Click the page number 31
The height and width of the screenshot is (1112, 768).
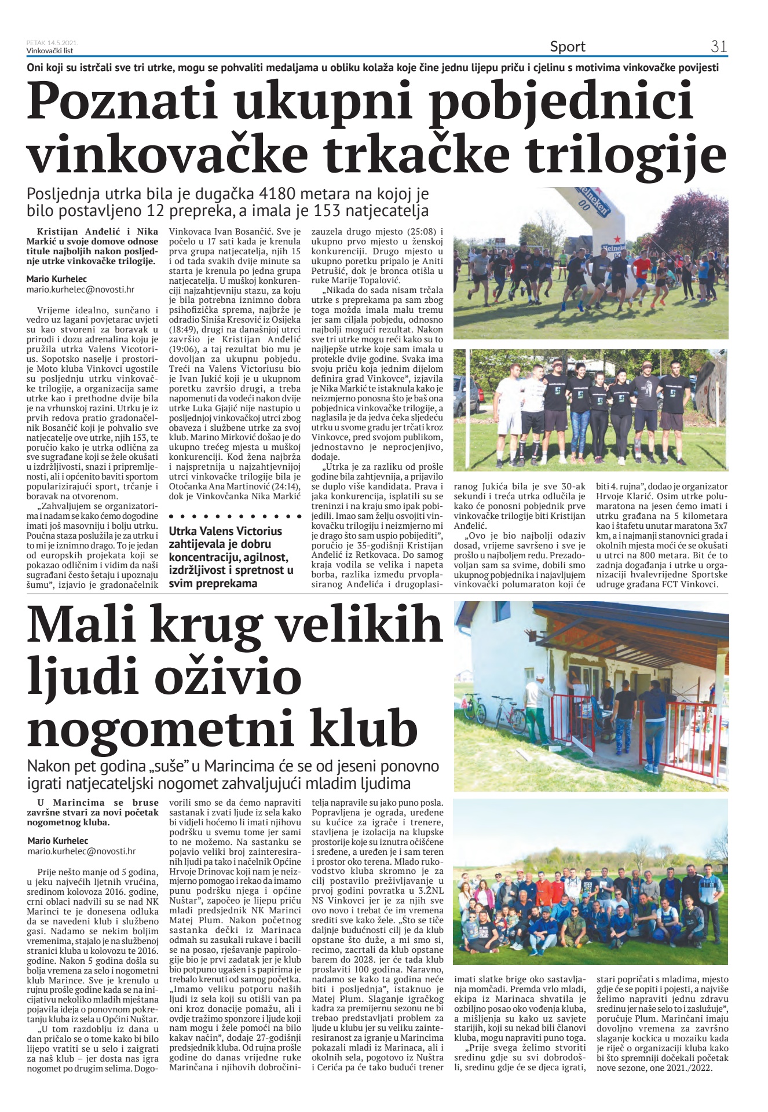[x=719, y=46]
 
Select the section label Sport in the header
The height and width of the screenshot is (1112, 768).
[x=568, y=46]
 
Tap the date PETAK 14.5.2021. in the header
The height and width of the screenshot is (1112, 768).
[x=52, y=43]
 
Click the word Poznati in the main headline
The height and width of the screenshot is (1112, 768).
[x=123, y=100]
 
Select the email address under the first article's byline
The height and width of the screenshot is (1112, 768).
[x=81, y=288]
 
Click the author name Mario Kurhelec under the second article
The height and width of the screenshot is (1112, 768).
[x=58, y=840]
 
